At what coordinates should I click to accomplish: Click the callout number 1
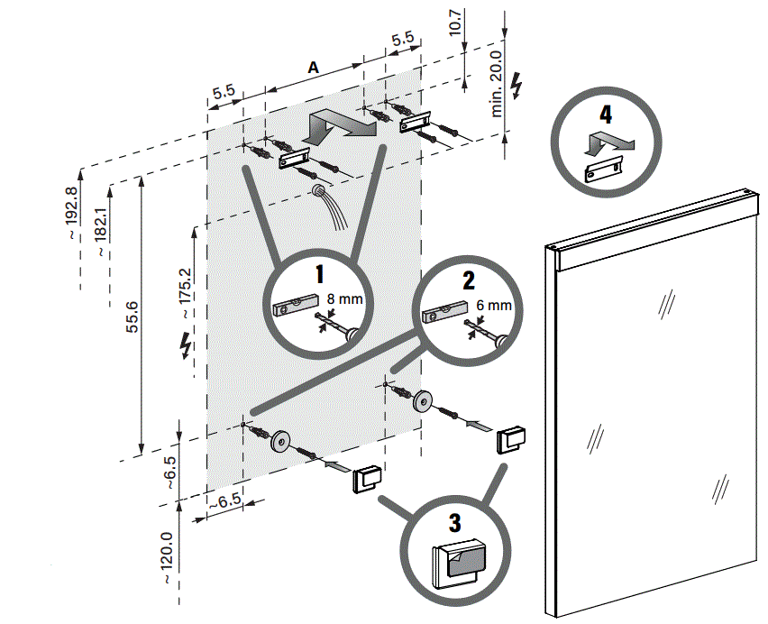(x=318, y=271)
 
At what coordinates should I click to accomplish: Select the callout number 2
(x=469, y=279)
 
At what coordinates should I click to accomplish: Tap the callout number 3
(x=454, y=524)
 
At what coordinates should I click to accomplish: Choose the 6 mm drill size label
(x=493, y=306)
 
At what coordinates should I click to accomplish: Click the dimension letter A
(x=313, y=68)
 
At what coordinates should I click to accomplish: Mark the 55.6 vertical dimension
(x=133, y=318)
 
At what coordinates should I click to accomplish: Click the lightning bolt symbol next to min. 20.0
(x=517, y=84)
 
